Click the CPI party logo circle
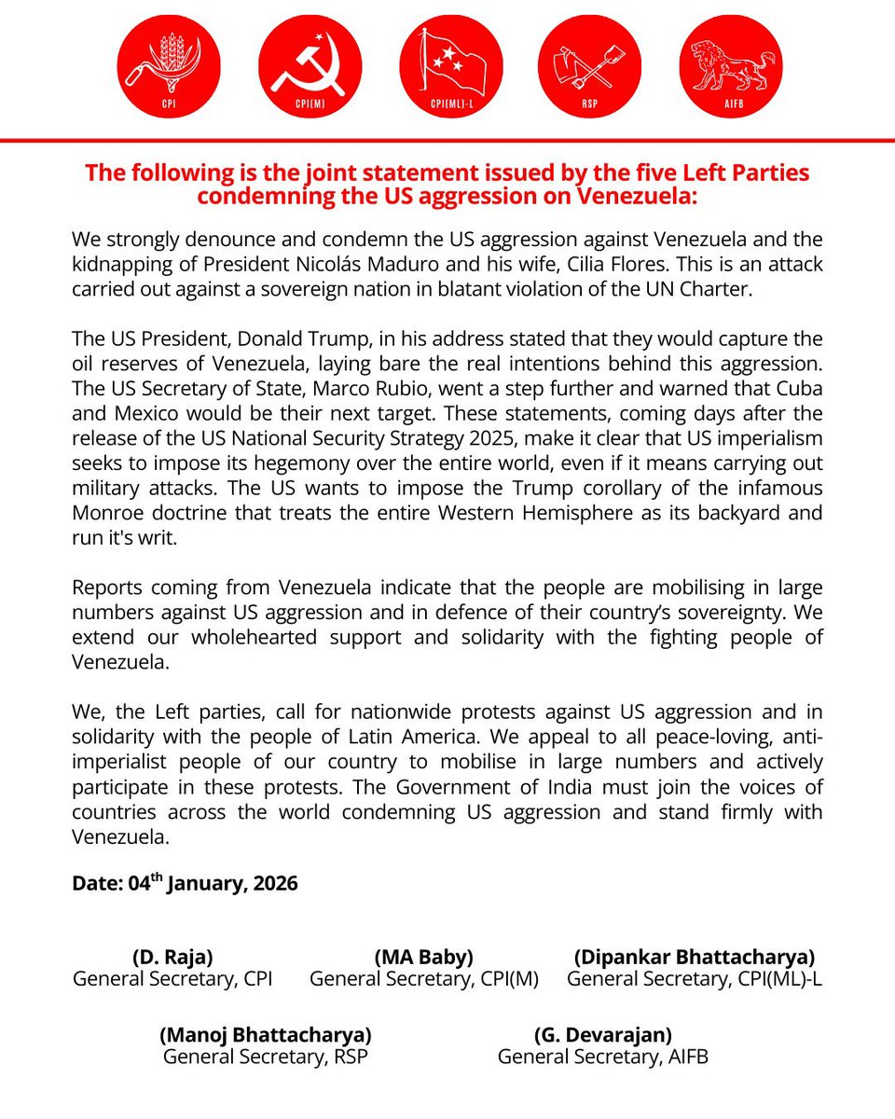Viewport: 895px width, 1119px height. tap(169, 66)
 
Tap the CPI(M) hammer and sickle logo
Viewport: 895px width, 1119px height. tap(310, 66)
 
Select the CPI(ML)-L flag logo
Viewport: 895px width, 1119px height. tap(450, 66)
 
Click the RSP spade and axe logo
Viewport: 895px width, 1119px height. tap(590, 66)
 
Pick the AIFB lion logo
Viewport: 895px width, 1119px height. tap(731, 66)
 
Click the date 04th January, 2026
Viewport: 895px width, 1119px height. tap(185, 883)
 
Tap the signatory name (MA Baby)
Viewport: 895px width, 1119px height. tap(423, 956)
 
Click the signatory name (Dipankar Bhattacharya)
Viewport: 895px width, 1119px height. tap(695, 956)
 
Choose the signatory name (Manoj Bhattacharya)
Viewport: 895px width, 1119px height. tap(266, 1034)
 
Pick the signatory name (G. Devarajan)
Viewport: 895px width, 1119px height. tap(602, 1034)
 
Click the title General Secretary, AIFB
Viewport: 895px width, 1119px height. tap(602, 1057)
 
